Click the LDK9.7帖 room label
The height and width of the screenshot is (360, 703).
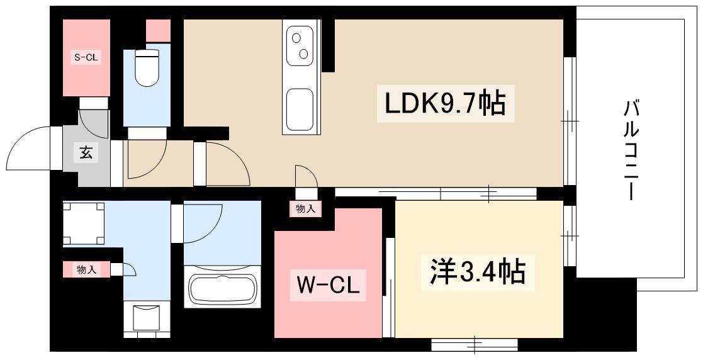(x=446, y=104)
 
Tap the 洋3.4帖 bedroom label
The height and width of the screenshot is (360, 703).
(x=478, y=271)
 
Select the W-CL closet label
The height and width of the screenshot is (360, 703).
(x=329, y=284)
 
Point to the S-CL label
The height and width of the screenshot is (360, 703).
(x=86, y=57)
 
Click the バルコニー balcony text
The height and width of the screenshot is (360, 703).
(x=631, y=150)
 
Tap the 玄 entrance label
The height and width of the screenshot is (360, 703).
(x=86, y=152)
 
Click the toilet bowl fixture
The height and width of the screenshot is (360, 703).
(x=147, y=67)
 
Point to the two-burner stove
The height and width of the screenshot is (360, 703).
(x=300, y=45)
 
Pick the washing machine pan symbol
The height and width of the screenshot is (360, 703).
(x=84, y=223)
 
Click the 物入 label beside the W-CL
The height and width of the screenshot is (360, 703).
(x=306, y=208)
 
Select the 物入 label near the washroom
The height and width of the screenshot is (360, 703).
(x=86, y=269)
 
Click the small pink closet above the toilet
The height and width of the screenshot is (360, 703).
(x=158, y=31)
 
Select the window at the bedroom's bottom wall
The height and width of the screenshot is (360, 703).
(x=475, y=344)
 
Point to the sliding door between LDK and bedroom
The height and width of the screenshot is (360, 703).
(x=436, y=194)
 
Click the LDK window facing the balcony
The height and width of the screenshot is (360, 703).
(x=570, y=121)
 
